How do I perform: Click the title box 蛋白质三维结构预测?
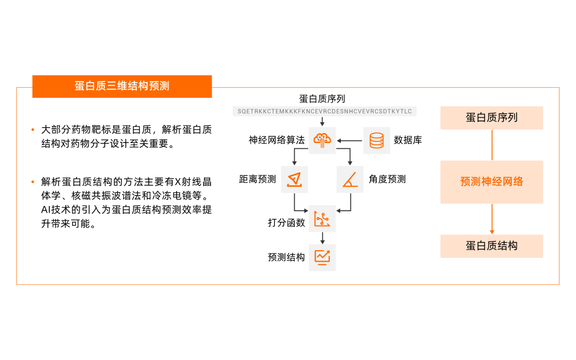tap(122, 86)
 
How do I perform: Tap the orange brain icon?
tap(322, 140)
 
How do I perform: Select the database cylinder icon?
tap(377, 141)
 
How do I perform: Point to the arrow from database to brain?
tap(349, 141)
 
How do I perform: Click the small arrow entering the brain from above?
tap(322, 121)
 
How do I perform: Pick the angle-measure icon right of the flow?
tap(350, 180)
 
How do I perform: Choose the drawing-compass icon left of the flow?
tap(294, 180)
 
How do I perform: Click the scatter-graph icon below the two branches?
tap(322, 219)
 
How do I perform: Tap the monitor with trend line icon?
tap(322, 257)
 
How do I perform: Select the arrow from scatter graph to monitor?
tap(322, 238)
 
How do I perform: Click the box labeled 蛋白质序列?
tap(492, 118)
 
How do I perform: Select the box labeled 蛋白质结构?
tap(492, 246)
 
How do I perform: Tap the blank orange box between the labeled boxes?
tap(492, 182)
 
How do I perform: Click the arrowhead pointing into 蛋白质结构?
tap(492, 232)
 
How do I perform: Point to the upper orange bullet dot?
tap(33, 130)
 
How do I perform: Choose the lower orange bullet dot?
tap(33, 182)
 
